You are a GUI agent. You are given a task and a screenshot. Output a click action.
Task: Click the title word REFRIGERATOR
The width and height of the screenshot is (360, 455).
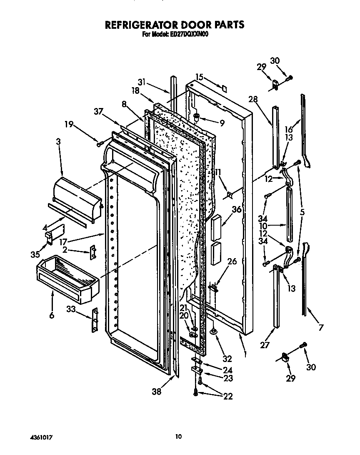143,25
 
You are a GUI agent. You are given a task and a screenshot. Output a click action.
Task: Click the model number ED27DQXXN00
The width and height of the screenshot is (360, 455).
190,35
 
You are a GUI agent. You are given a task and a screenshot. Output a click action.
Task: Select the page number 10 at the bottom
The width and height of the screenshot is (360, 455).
178,437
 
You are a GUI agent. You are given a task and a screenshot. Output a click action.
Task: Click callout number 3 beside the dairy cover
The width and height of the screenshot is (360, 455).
58,142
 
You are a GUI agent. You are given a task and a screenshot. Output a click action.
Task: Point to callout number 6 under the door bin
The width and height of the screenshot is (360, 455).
52,316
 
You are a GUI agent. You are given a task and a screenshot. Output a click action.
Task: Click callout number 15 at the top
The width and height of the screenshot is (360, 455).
199,77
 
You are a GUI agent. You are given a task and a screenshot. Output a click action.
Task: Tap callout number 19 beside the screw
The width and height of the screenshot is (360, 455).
69,123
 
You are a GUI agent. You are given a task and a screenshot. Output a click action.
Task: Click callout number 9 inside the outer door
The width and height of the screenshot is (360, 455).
222,123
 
